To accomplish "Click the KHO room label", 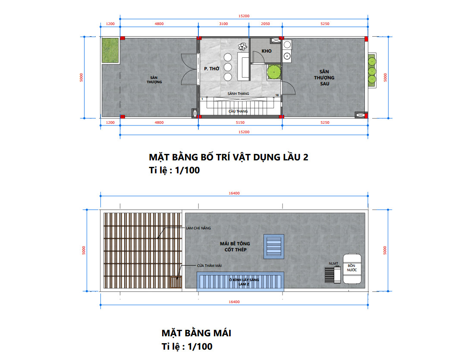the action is click(267, 51).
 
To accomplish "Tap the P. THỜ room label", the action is click(211, 69).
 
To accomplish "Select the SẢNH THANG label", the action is click(238, 94).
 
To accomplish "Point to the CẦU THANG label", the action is click(238, 111).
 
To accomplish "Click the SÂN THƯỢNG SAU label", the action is click(324, 78).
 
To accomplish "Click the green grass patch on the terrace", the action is click(110, 50).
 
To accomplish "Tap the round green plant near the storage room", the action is click(274, 72).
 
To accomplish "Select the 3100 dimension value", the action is click(223, 24).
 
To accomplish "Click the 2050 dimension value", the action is click(265, 24).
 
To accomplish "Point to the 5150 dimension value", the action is click(240, 122).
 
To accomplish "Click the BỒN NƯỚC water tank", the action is click(351, 269).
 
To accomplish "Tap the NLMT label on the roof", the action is click(333, 263).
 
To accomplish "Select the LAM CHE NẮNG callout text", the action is click(198, 228).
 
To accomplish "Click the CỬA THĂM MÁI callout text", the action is click(209, 266).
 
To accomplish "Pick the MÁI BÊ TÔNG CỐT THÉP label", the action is click(235, 247).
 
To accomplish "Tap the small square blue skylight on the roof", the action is click(274, 247).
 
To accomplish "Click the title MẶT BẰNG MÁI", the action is click(196, 333).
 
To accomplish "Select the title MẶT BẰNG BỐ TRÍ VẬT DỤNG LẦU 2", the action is click(229, 157).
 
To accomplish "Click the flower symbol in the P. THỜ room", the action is click(242, 47).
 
